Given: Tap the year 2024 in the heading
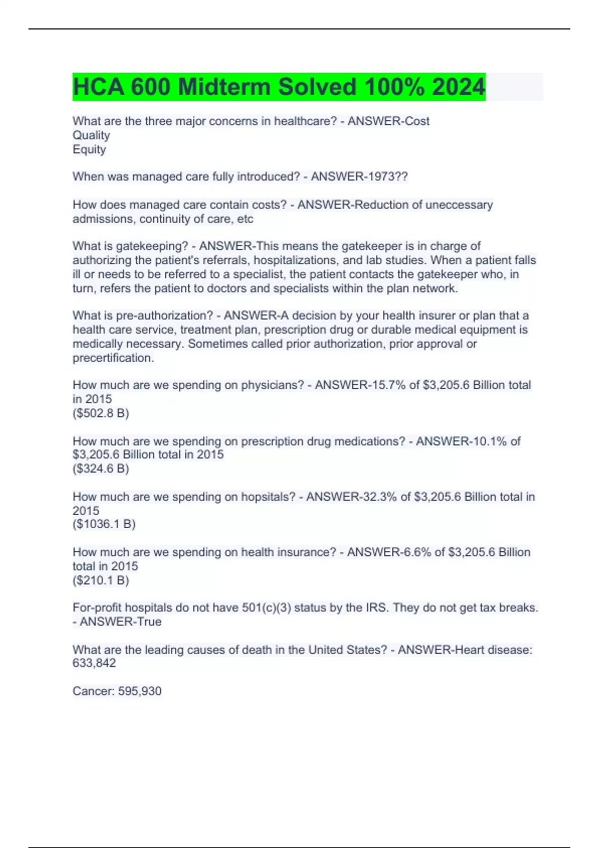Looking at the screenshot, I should click(x=458, y=87).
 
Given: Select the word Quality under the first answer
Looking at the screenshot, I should click(x=91, y=135).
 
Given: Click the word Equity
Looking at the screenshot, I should click(x=89, y=149).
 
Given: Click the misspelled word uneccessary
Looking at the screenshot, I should click(x=459, y=205).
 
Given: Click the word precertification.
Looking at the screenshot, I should click(x=113, y=358).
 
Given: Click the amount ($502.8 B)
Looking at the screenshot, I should click(x=101, y=413).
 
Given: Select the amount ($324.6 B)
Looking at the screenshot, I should click(x=101, y=468).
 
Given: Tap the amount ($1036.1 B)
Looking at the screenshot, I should click(x=104, y=524).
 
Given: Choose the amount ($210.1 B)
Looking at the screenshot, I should click(x=101, y=580).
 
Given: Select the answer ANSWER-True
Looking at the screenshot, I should click(x=121, y=622).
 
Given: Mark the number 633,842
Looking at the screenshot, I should click(x=94, y=663).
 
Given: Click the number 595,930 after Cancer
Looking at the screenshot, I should click(x=140, y=691).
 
